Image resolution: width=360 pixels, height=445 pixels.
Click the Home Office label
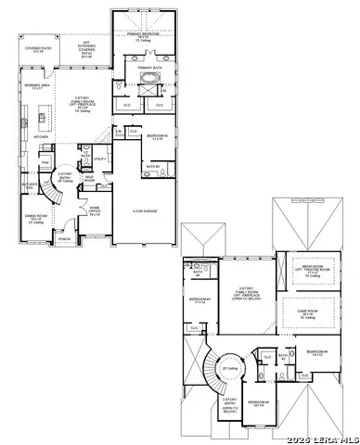95,211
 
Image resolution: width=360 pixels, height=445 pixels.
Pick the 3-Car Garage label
144,211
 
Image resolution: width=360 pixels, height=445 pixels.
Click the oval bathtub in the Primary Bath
146,92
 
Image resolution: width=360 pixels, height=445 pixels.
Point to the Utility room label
99,159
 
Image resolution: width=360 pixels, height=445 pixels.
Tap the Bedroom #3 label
199,300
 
